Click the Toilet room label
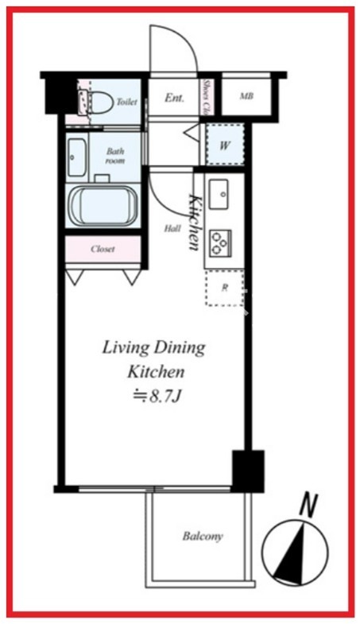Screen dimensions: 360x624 (126, 102)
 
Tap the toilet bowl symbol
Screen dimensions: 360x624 (97, 102)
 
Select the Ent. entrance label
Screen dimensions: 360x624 (174, 98)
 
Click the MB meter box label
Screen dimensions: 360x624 (246, 96)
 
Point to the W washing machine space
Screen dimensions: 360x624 (225, 145)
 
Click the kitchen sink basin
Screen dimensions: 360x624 (219, 194)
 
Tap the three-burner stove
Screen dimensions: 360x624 (220, 243)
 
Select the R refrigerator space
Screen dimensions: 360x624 (225, 288)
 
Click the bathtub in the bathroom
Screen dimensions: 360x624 (103, 206)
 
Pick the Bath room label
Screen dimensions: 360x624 (115, 156)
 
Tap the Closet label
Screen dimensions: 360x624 (103, 249)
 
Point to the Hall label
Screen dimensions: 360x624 (172, 228)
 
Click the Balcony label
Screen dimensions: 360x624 (203, 537)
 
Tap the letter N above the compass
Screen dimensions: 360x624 (308, 506)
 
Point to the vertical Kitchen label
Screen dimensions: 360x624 (195, 222)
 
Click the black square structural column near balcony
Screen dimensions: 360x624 (248, 471)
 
